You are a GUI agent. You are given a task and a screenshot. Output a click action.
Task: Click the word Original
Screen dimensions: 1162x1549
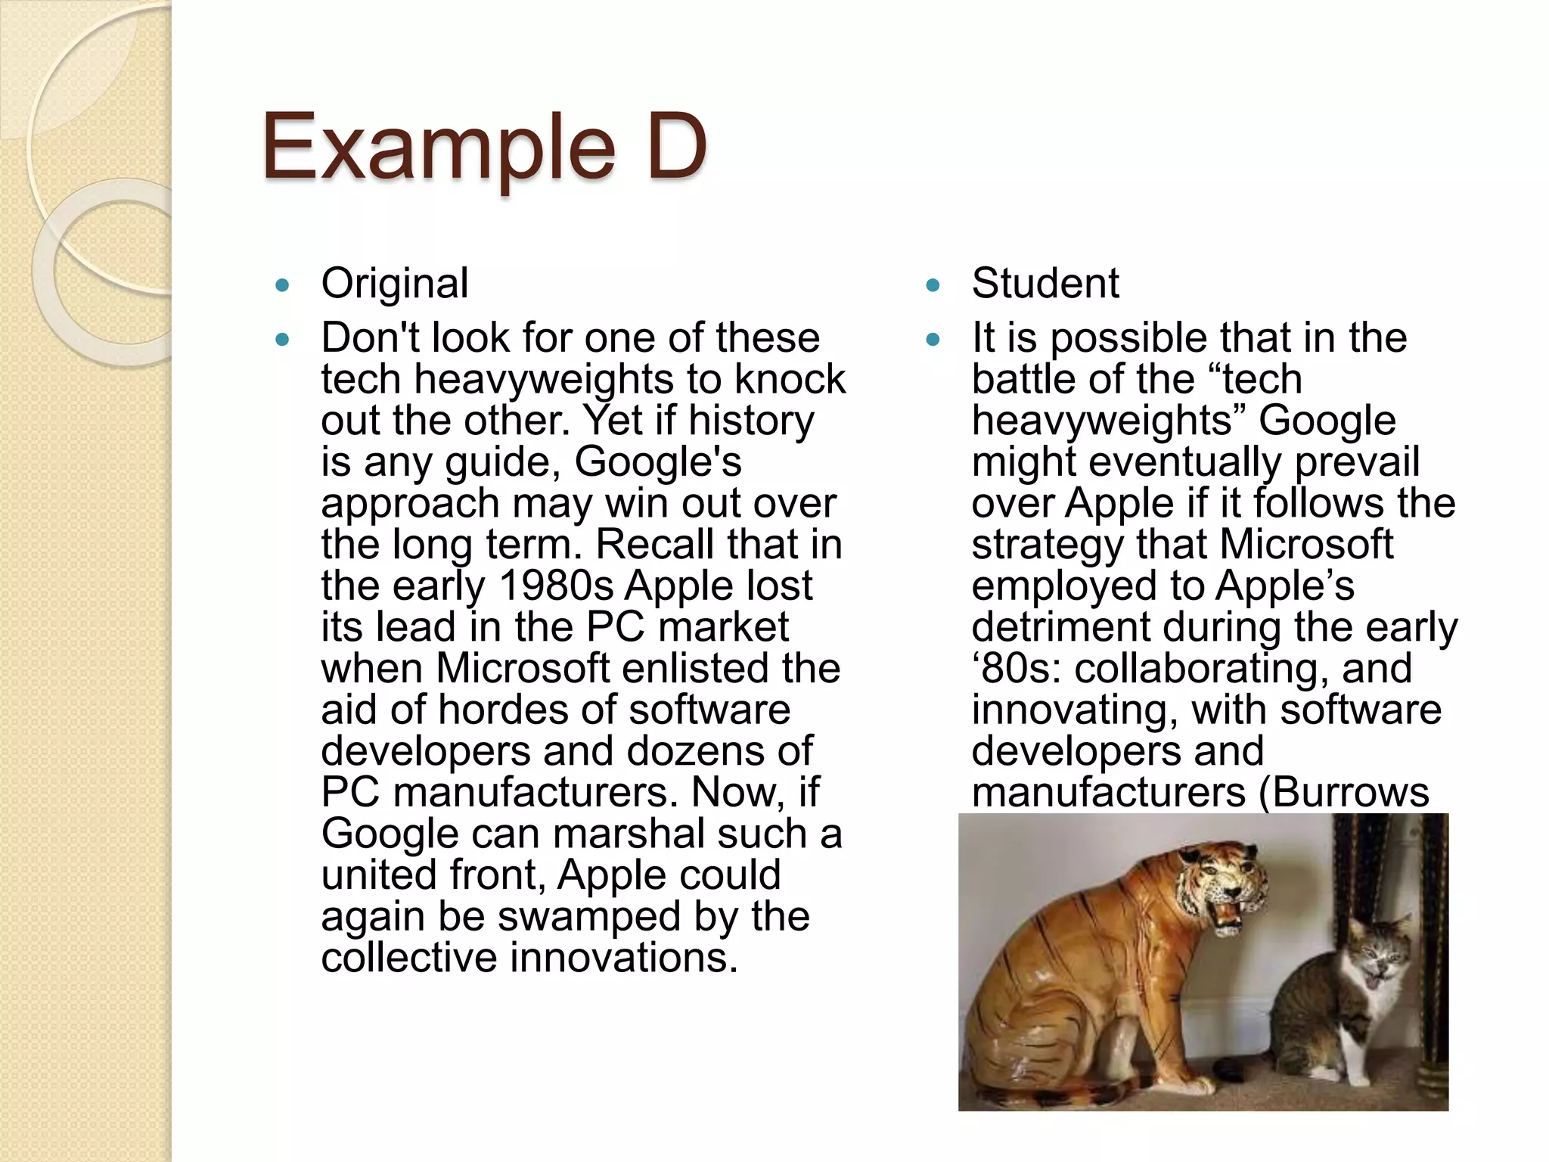[x=394, y=284]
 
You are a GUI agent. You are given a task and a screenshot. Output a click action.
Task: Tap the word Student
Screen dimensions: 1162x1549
[x=1045, y=284]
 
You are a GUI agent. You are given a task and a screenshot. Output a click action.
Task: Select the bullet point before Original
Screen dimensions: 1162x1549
[x=283, y=286]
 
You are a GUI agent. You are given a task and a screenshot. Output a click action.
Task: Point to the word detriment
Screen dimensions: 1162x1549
[x=1060, y=627]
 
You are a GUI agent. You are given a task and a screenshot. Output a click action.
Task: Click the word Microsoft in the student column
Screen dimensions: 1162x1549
[x=1305, y=545]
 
